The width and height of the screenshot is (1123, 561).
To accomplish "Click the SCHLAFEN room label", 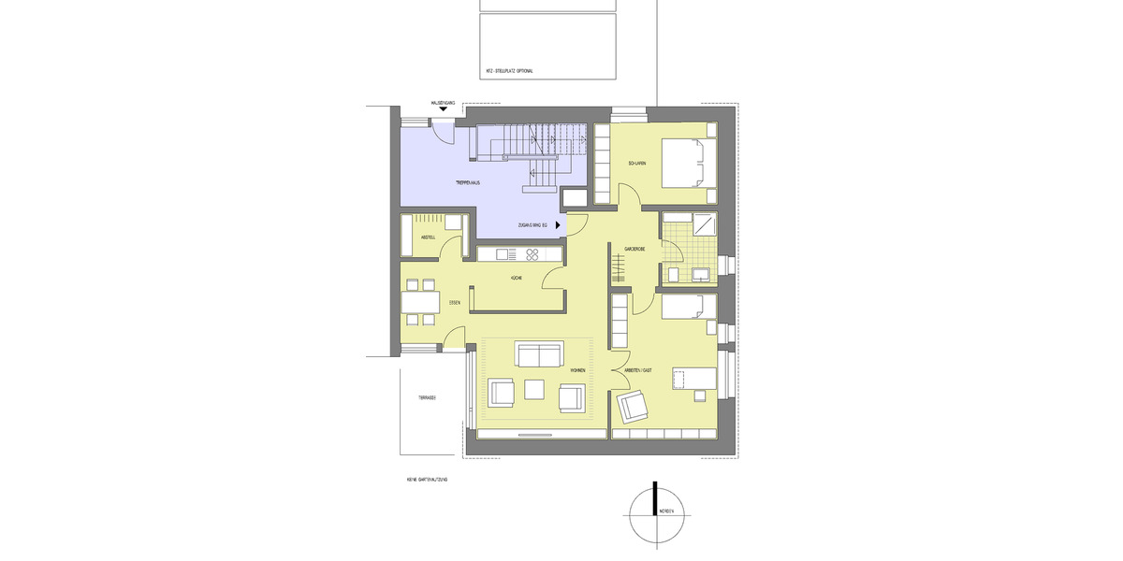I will point(637,164).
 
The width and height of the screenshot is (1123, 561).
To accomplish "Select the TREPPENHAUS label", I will point(468,182).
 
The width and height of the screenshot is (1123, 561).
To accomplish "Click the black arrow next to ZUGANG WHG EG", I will point(560,225).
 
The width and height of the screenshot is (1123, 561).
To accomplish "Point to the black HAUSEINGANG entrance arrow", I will point(443,108).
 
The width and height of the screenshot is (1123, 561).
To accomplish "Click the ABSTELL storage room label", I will point(429,237).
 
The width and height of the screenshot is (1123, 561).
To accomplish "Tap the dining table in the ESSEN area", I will point(421,303).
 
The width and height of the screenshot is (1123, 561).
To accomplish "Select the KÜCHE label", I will point(516,279).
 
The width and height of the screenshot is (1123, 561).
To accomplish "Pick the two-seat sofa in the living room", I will point(539,355).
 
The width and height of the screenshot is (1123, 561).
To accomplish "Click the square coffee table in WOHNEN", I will point(535,388).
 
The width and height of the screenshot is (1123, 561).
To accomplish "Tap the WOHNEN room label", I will point(576,371).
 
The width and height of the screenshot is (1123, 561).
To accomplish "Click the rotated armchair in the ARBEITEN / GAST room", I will point(634,406).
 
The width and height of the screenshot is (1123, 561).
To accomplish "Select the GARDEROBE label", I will point(635,249).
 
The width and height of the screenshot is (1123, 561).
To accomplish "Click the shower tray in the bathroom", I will point(703,224).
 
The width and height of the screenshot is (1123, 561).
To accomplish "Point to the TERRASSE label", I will point(427,397).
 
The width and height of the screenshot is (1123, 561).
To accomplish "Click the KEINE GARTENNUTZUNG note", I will point(427,479).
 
